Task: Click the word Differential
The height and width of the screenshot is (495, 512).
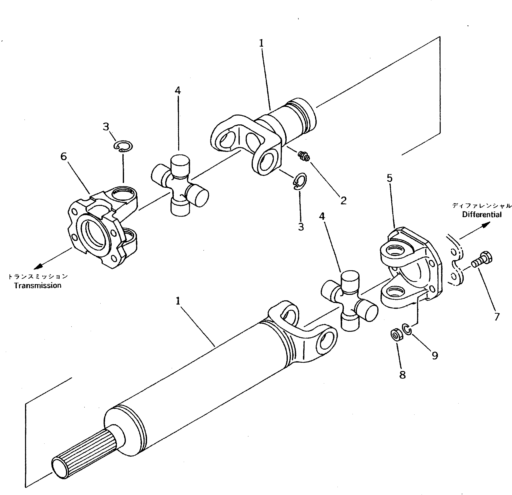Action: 482,214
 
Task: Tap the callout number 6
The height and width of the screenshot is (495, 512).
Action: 64,157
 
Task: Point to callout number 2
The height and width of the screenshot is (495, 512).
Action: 343,200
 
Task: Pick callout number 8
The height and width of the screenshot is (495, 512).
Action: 403,375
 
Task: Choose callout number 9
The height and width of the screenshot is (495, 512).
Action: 435,355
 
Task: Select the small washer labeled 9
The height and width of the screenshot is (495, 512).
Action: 407,329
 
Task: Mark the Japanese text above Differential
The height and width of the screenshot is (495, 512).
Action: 482,206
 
